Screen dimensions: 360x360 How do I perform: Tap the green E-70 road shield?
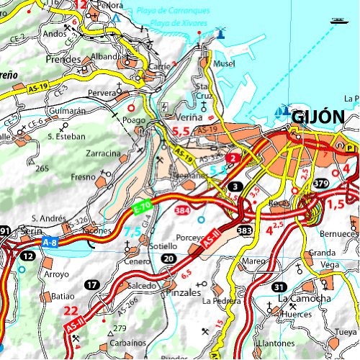[143, 206]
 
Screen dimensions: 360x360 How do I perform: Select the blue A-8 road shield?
[50, 243]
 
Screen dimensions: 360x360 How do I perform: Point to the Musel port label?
[225, 64]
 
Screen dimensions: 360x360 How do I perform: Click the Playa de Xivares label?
[181, 23]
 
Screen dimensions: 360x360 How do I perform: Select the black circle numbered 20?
[168, 258]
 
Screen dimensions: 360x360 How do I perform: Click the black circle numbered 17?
[91, 285]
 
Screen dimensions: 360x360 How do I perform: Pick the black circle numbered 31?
[279, 286]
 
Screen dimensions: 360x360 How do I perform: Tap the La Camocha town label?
[305, 298]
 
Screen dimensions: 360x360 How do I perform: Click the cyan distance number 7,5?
[132, 232]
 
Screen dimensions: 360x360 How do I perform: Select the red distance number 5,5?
[181, 132]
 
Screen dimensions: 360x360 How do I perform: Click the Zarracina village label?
[103, 153]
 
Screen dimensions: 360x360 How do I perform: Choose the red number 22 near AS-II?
[71, 311]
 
